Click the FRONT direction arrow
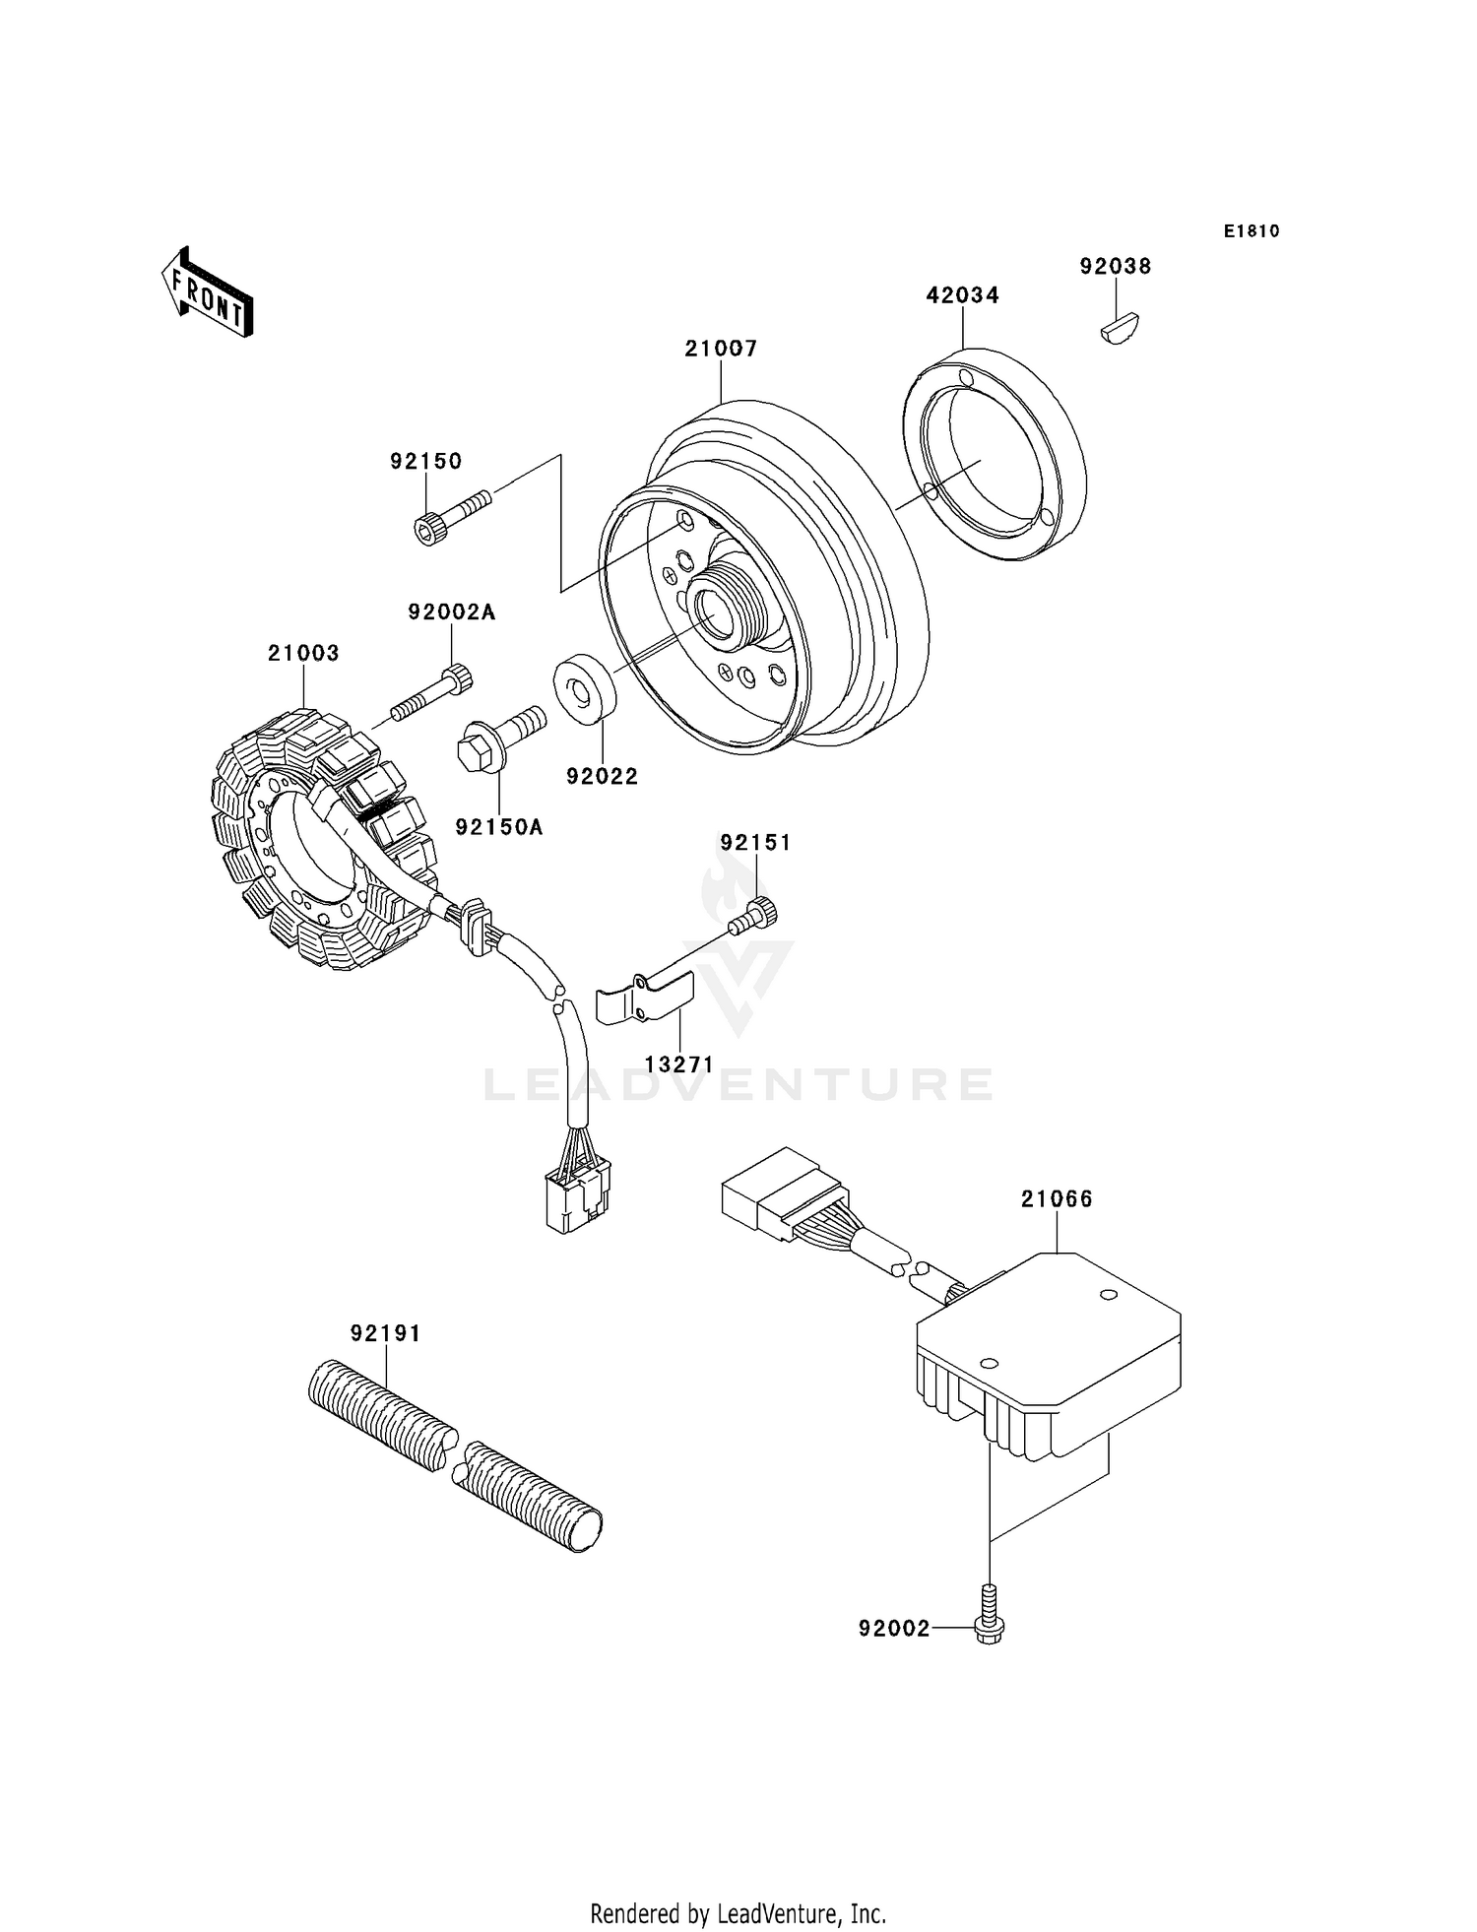click(x=207, y=292)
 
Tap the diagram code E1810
click(x=1252, y=231)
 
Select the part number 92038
click(x=1116, y=266)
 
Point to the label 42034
click(x=963, y=294)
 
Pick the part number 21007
click(x=722, y=348)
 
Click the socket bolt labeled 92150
click(x=452, y=517)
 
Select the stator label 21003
click(x=303, y=653)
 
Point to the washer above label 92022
click(x=585, y=687)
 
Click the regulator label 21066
click(x=1057, y=1198)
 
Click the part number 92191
click(x=385, y=1333)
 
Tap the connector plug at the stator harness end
click(x=579, y=1194)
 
